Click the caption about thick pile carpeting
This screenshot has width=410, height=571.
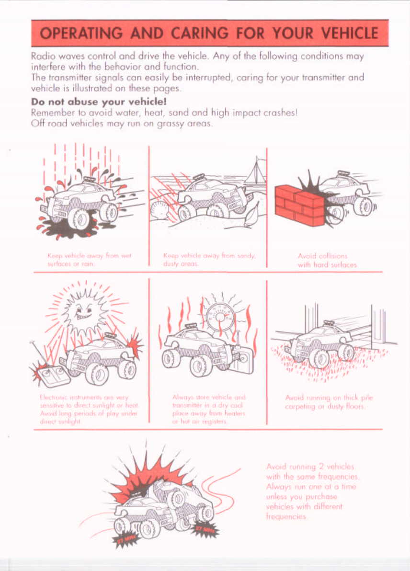point(329,402)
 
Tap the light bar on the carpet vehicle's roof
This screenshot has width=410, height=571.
point(329,323)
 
